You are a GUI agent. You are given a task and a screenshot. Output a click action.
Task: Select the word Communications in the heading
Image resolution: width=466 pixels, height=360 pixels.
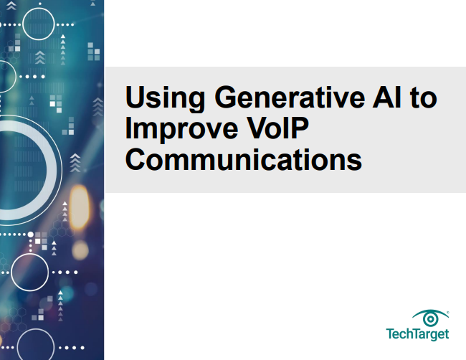tap(243, 158)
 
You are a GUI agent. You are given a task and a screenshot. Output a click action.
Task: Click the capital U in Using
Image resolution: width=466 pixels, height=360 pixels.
tap(134, 98)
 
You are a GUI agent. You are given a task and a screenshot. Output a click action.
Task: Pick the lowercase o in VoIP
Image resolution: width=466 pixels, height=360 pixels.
tap(267, 131)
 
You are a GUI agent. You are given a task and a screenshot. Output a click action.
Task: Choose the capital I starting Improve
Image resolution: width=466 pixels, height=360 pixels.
tap(128, 128)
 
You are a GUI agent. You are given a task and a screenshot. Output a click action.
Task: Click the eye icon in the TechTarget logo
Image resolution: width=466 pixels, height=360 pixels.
tap(430, 318)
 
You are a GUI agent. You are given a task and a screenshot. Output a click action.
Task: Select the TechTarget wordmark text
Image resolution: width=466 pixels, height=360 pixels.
tap(418, 334)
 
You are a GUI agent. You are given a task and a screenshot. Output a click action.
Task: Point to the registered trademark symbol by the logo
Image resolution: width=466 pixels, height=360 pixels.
tap(449, 312)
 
